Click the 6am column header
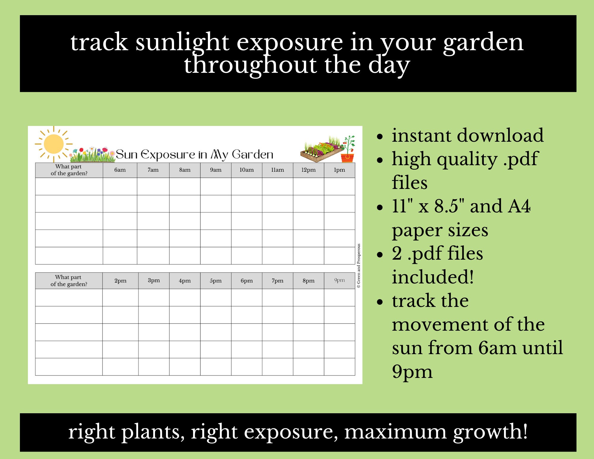tap(120, 170)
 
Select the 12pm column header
tap(308, 170)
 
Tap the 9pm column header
tap(339, 280)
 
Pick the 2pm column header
tap(120, 280)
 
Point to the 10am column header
tap(247, 170)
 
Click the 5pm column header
tap(216, 280)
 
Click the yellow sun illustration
tap(54, 144)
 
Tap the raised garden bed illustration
tap(321, 150)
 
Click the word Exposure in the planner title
tap(168, 155)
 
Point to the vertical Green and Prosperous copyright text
tap(359, 266)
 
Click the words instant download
tap(467, 135)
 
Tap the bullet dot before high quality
tap(380, 160)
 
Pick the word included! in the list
tap(432, 277)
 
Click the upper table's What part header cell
tap(69, 170)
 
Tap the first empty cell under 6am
tap(120, 186)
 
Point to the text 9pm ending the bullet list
tap(412, 372)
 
